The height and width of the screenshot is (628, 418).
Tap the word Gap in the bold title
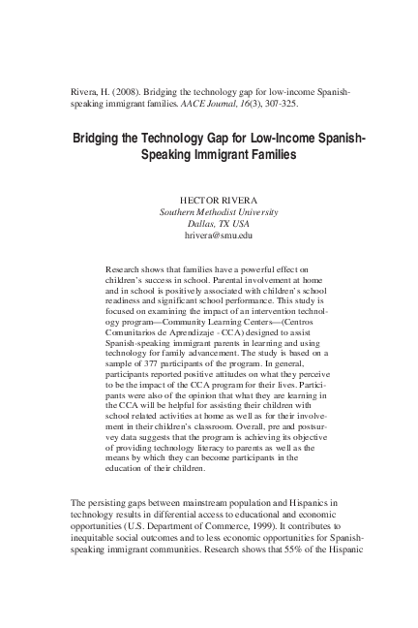[214, 139]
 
